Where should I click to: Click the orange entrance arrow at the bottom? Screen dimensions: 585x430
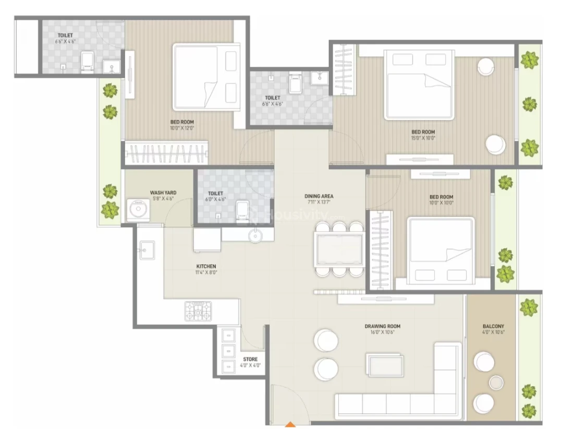pyautogui.click(x=290, y=424)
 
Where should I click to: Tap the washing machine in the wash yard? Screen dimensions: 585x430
pyautogui.click(x=138, y=210)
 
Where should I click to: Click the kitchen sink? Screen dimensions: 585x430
pyautogui.click(x=147, y=250)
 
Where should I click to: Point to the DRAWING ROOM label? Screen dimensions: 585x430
pyautogui.click(x=382, y=326)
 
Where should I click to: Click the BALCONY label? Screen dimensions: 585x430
pyautogui.click(x=493, y=326)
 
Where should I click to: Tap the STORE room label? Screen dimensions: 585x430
pyautogui.click(x=250, y=360)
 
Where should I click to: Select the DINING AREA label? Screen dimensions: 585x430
pyautogui.click(x=319, y=196)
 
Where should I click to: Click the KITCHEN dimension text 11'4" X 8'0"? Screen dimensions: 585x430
pyautogui.click(x=206, y=272)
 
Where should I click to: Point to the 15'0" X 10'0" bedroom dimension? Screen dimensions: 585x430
pyautogui.click(x=423, y=138)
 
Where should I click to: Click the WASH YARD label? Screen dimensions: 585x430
pyautogui.click(x=163, y=193)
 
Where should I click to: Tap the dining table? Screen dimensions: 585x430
pyautogui.click(x=339, y=249)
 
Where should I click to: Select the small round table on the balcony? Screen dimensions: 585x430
pyautogui.click(x=496, y=383)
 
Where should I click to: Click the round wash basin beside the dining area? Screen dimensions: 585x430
pyautogui.click(x=255, y=235)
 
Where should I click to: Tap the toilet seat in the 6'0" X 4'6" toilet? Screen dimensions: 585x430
pyautogui.click(x=242, y=212)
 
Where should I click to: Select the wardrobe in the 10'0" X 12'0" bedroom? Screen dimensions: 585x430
pyautogui.click(x=166, y=153)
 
